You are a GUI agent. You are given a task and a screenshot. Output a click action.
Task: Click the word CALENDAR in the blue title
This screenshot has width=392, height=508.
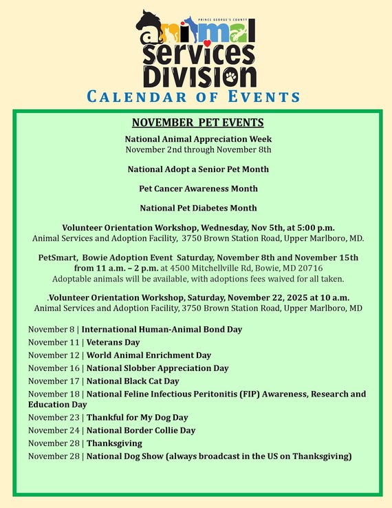(x=131, y=96)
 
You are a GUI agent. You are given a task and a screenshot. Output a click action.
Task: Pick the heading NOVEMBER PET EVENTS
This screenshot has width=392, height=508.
(x=197, y=123)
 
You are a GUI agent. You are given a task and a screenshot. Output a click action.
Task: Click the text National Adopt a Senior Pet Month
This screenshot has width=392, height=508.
(x=198, y=169)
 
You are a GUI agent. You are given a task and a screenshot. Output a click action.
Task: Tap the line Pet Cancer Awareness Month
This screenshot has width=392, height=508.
(x=198, y=188)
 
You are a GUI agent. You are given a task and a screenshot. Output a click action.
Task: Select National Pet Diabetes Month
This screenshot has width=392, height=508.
(x=198, y=207)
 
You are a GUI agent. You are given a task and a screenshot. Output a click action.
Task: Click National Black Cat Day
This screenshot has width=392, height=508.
(x=132, y=381)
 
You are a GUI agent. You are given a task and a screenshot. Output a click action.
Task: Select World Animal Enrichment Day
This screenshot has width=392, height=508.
(x=149, y=355)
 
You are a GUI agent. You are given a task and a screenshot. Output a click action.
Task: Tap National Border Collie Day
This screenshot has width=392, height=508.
(x=140, y=430)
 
